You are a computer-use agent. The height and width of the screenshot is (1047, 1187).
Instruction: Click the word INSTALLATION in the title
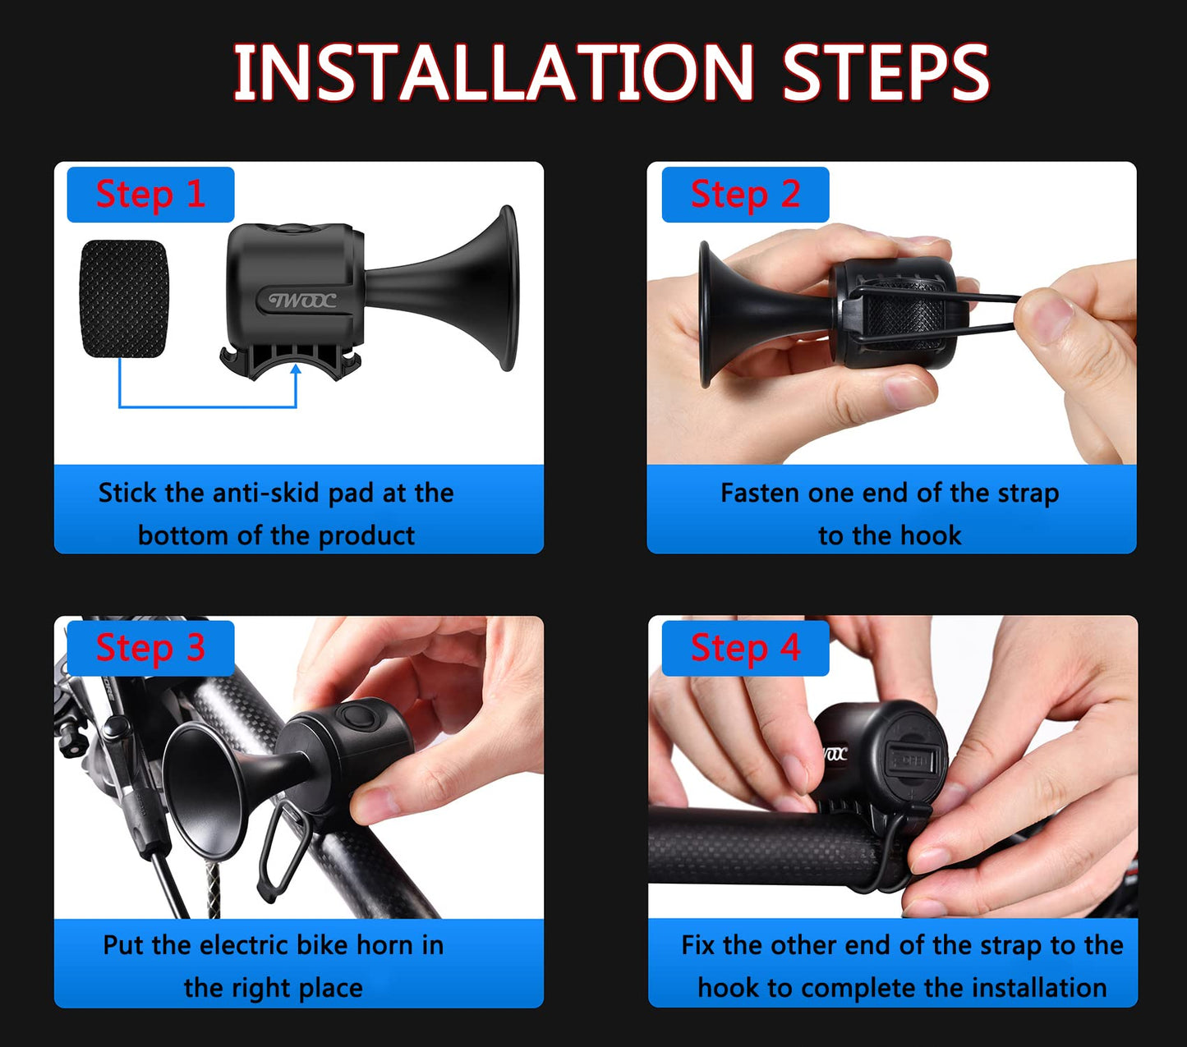pos(493,72)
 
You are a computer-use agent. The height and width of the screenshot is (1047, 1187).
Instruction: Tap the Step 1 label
pos(150,195)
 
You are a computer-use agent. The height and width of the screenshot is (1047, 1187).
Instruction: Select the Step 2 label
pos(745,195)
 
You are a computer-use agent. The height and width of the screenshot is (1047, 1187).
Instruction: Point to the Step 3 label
pos(150,648)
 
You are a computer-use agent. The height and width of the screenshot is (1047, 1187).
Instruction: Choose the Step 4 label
pos(745,648)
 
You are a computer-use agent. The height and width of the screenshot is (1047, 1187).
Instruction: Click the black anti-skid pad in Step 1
pos(123,299)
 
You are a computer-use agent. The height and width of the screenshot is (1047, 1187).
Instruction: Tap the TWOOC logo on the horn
pos(302,301)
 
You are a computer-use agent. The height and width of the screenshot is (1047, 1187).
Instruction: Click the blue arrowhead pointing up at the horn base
pos(296,370)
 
